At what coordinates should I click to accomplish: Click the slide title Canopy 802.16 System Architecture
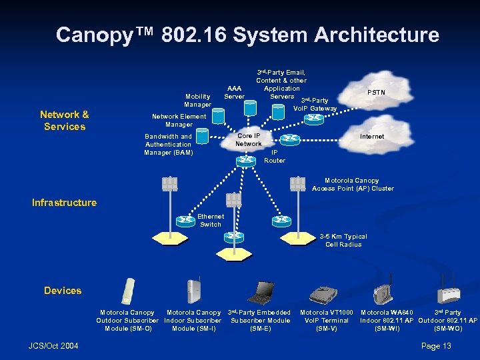(247, 35)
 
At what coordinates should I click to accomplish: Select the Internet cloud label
(371, 137)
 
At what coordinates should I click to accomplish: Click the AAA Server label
(234, 92)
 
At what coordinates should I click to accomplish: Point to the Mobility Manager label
(197, 100)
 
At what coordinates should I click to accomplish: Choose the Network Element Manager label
(179, 120)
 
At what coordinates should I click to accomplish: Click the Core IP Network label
(249, 139)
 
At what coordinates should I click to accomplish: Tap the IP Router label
(275, 156)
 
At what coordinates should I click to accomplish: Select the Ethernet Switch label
(211, 220)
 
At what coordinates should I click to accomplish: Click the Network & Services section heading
(65, 121)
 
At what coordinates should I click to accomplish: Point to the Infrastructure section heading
(64, 203)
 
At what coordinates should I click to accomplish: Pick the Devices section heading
(63, 291)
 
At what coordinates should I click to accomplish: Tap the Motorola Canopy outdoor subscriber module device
(127, 291)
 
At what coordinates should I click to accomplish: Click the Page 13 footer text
(437, 345)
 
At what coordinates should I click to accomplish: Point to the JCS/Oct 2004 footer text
(54, 345)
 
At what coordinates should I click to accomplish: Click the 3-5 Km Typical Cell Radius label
(343, 241)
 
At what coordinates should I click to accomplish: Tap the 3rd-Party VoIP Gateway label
(315, 105)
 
